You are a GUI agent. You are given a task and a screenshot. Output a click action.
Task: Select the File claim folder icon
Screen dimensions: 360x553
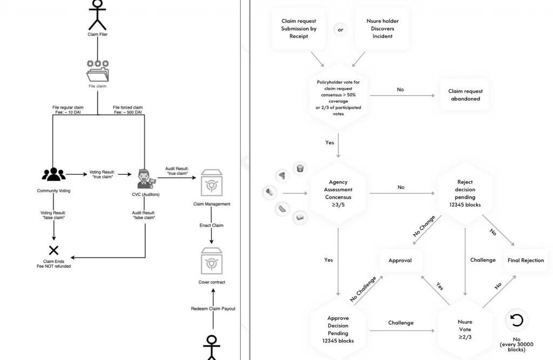tap(98, 71)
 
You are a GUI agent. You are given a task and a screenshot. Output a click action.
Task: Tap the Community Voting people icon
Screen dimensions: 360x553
tap(53, 174)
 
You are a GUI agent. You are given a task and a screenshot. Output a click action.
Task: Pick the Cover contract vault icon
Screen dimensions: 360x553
tap(211, 261)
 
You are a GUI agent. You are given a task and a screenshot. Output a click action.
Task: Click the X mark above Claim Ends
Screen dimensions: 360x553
tap(53, 250)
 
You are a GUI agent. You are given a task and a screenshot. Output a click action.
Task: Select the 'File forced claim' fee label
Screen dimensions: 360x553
tap(127, 111)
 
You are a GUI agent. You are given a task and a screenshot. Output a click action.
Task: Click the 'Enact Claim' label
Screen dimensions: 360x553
tap(211, 225)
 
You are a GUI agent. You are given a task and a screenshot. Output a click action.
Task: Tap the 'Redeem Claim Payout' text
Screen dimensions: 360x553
tap(213, 309)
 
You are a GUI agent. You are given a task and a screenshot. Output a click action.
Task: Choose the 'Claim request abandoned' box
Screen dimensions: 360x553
tap(465, 95)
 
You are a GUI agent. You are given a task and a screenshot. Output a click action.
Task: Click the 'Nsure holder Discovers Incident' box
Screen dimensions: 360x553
tap(382, 29)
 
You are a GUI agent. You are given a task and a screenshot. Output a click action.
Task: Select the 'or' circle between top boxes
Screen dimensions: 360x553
tap(340, 30)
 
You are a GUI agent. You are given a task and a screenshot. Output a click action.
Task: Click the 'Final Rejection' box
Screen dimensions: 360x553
tap(525, 260)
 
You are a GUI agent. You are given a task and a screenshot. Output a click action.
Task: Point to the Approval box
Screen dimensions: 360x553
tap(400, 260)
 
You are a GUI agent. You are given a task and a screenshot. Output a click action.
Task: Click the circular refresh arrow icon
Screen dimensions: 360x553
tap(516, 321)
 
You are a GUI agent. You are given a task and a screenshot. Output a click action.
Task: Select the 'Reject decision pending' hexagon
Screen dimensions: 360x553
tap(464, 193)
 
